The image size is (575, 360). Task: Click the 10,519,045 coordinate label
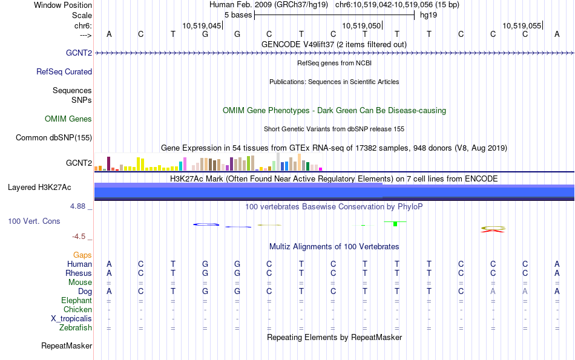point(202,25)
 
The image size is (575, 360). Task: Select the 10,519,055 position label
point(522,25)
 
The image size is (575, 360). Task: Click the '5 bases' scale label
point(238,15)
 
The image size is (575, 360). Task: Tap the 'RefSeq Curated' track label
point(64,71)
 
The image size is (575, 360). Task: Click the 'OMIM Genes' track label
point(68,119)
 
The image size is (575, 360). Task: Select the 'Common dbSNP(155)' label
point(54,138)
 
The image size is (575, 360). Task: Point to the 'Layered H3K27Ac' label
point(39,188)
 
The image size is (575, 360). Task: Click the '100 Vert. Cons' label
point(34,221)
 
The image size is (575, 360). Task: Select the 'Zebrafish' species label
point(76,327)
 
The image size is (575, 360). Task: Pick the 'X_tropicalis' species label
point(71,319)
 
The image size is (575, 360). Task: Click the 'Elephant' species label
point(77,300)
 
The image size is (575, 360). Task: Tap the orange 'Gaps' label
point(82,255)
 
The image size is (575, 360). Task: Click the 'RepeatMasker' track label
point(67,345)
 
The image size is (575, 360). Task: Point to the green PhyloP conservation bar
point(395,224)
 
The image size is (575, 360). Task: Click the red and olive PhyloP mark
point(493,229)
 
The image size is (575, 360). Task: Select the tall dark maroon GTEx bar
point(108,164)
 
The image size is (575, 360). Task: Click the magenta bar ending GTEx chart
point(321,169)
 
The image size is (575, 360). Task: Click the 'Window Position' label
point(63,5)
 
